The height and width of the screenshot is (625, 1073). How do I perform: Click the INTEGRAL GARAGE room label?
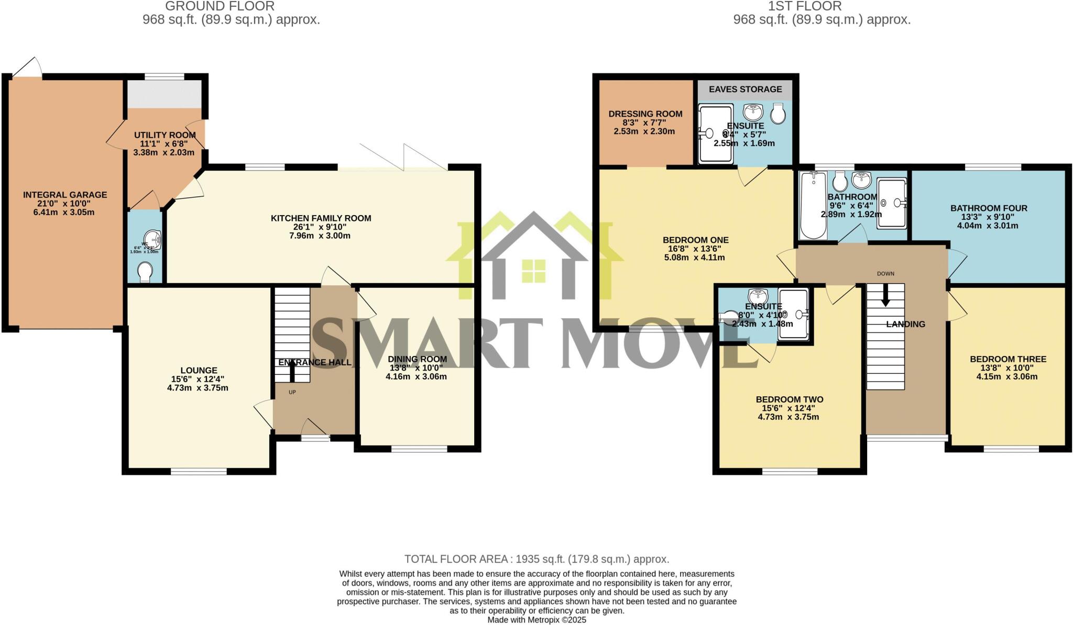pos(65,195)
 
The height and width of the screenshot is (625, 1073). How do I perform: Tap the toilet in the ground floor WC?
pos(145,272)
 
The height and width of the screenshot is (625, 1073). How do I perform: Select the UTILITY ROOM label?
pos(165,135)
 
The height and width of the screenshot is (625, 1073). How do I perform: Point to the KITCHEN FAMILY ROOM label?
pos(321,218)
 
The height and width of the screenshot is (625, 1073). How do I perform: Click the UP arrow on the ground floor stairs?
pos(292,371)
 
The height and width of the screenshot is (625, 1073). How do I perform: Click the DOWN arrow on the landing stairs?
pos(885,296)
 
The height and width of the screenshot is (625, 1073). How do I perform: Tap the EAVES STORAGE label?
pos(745,90)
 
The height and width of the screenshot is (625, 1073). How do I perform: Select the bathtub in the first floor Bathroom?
pos(813,205)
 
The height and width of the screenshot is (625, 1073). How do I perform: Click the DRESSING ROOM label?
pos(645,114)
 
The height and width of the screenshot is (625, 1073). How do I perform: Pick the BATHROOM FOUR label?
pos(988,208)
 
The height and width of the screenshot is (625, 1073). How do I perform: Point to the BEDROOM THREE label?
pos(1008,359)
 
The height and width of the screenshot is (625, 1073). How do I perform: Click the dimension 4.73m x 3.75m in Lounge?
pos(198,388)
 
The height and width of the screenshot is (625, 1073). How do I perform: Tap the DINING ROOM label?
pos(417,359)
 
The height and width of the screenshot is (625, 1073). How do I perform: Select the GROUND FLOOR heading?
pos(220,6)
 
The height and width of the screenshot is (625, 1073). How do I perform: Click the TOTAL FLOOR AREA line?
pos(536,559)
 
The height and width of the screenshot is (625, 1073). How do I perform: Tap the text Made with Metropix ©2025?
pos(536,620)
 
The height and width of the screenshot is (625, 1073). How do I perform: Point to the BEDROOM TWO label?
pos(789,399)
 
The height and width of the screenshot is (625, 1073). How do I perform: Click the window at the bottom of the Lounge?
pos(199,471)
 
